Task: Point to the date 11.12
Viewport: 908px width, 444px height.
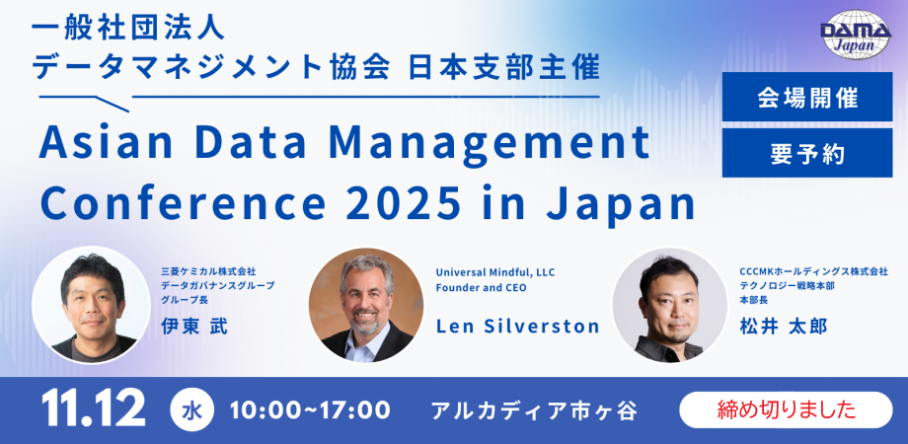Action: (x=94, y=408)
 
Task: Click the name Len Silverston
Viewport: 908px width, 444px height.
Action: (x=518, y=326)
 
